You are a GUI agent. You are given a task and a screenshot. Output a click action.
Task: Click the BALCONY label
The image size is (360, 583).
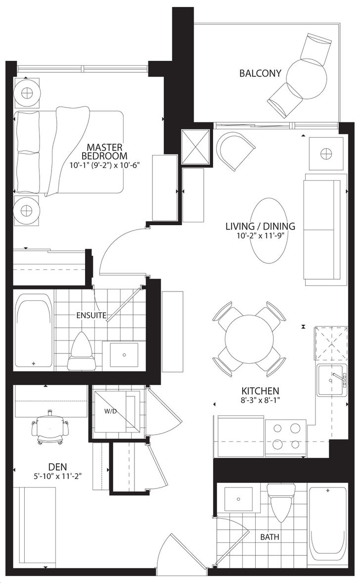pos(260,73)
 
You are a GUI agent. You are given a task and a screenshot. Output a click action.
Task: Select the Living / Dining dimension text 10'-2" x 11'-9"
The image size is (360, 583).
pos(260,236)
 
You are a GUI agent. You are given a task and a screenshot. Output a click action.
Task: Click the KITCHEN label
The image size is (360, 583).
pos(260,391)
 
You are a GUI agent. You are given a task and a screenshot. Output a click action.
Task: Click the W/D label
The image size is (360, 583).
pos(110,411)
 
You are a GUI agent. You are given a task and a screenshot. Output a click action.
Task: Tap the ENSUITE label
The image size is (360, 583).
pos(91,315)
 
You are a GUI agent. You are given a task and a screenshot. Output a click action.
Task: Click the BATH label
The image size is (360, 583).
pos(270,537)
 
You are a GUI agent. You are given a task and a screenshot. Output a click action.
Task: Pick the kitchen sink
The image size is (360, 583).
pos(332,381)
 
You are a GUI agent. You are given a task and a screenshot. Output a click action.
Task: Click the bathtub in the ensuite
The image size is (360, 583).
pos(33,331)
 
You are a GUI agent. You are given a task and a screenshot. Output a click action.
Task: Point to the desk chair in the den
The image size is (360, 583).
pos(50,428)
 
